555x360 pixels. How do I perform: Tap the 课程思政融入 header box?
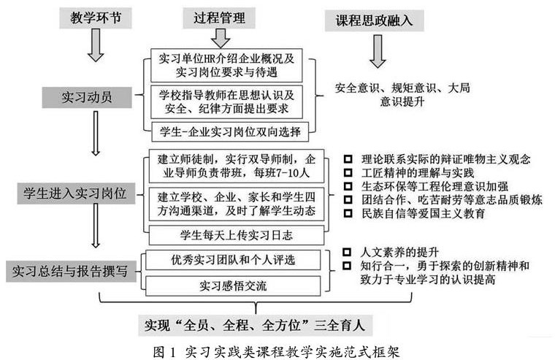point(375,20)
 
